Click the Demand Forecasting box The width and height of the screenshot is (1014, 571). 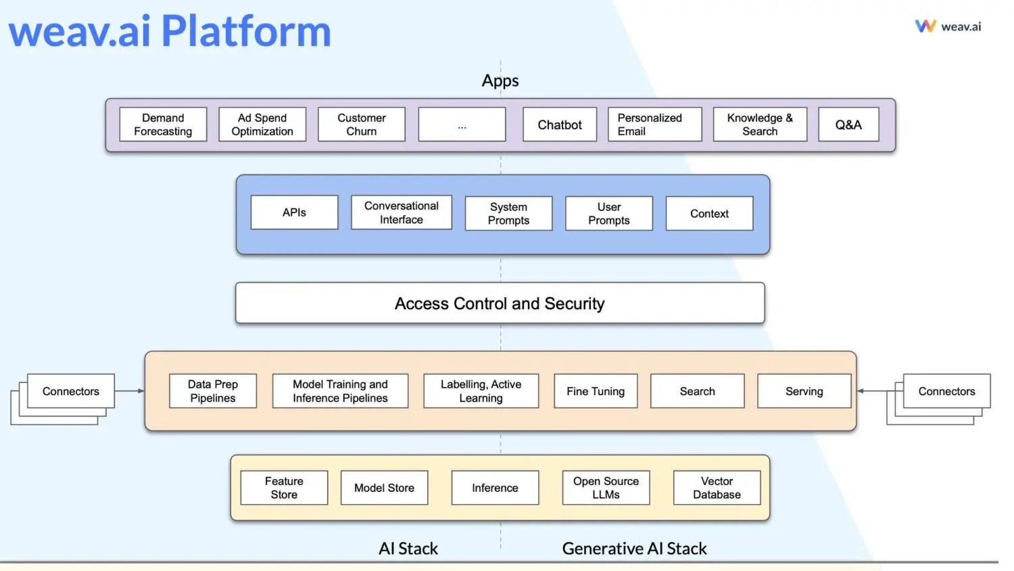click(x=163, y=124)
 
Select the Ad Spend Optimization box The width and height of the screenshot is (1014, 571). click(x=262, y=124)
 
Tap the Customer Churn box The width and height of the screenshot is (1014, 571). click(x=361, y=124)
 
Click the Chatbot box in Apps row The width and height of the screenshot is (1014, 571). click(x=560, y=124)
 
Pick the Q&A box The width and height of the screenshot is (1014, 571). click(x=849, y=124)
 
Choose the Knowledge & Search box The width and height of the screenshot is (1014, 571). click(x=760, y=124)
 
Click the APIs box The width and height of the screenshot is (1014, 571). click(x=294, y=212)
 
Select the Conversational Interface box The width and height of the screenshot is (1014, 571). click(x=402, y=212)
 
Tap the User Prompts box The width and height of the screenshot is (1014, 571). click(x=609, y=213)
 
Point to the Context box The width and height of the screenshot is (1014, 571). click(x=709, y=213)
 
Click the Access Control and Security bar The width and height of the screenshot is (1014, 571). click(x=500, y=302)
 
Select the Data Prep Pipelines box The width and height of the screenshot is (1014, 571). click(x=213, y=390)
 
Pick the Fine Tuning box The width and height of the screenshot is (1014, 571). click(x=596, y=390)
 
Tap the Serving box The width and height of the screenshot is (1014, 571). click(x=804, y=390)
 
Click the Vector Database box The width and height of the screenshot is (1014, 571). click(x=717, y=488)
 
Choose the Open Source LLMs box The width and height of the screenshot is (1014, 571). click(x=606, y=488)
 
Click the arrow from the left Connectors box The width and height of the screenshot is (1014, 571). click(x=130, y=390)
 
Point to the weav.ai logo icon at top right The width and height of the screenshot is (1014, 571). click(x=925, y=26)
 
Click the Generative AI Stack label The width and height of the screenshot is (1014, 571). click(x=634, y=549)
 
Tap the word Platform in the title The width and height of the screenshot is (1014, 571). click(x=246, y=31)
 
